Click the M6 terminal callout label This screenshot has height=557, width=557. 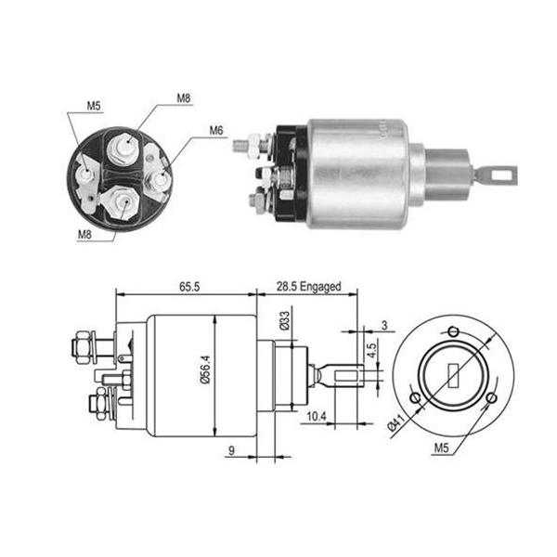pyautogui.click(x=216, y=131)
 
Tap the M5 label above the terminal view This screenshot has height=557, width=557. pyautogui.click(x=94, y=106)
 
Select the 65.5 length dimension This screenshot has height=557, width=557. pyautogui.click(x=189, y=287)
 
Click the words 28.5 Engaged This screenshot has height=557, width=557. pyautogui.click(x=309, y=286)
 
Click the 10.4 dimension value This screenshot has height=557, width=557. pyautogui.click(x=317, y=416)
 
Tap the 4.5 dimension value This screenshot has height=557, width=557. pyautogui.click(x=371, y=350)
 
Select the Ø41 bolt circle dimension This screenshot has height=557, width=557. pyautogui.click(x=396, y=422)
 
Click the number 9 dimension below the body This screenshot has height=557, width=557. pyautogui.click(x=231, y=450)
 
